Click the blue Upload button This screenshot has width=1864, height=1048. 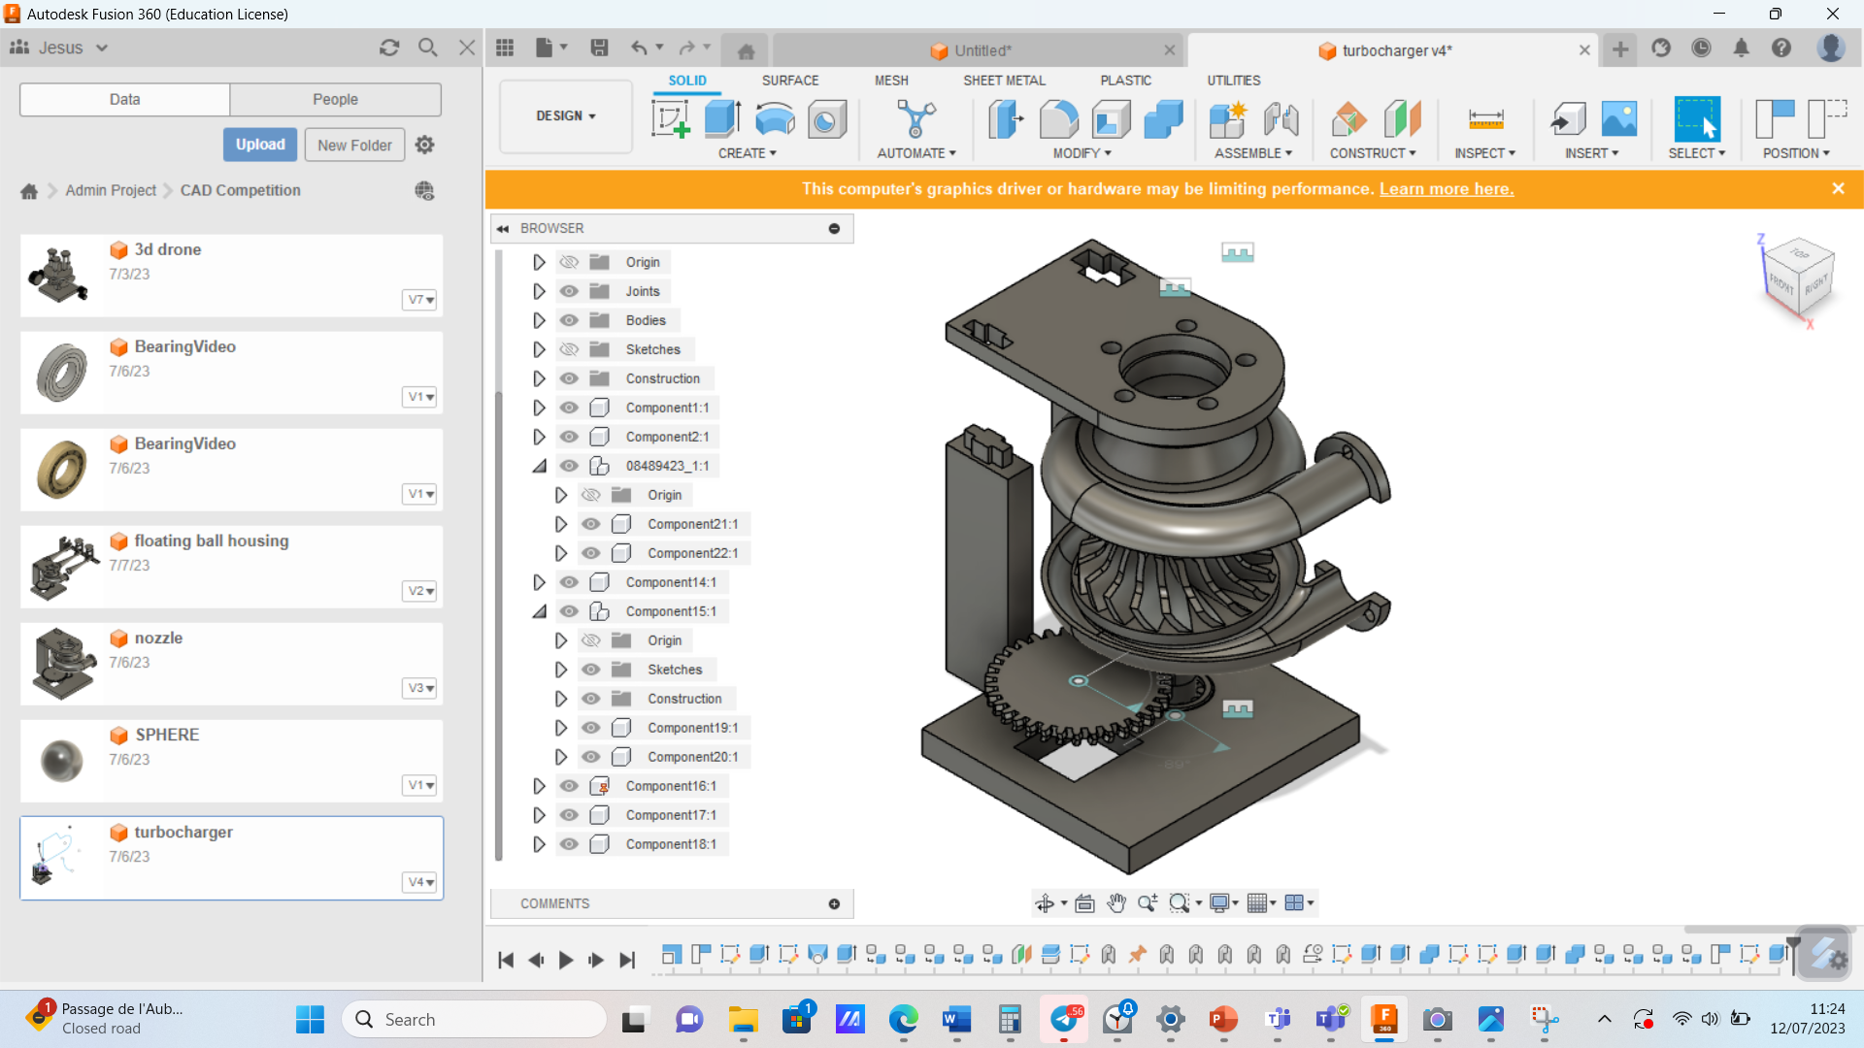(260, 145)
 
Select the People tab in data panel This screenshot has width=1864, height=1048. (335, 99)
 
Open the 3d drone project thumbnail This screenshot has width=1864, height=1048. (60, 276)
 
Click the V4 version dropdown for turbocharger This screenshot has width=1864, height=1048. (420, 882)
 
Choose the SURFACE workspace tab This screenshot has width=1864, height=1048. (789, 81)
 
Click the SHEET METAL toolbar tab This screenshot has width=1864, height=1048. (1004, 81)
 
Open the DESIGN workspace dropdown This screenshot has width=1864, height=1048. (565, 115)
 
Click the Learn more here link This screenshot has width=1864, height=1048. (1447, 189)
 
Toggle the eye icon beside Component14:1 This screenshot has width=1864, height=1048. (570, 582)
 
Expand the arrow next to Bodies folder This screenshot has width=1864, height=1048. (539, 320)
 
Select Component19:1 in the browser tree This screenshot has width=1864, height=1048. (692, 728)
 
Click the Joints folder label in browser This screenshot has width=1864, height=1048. (642, 291)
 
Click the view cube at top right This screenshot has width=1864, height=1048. (1799, 277)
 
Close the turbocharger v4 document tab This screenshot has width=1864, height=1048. (1584, 50)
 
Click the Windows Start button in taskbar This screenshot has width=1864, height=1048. (310, 1019)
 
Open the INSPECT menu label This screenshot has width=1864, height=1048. (1483, 153)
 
